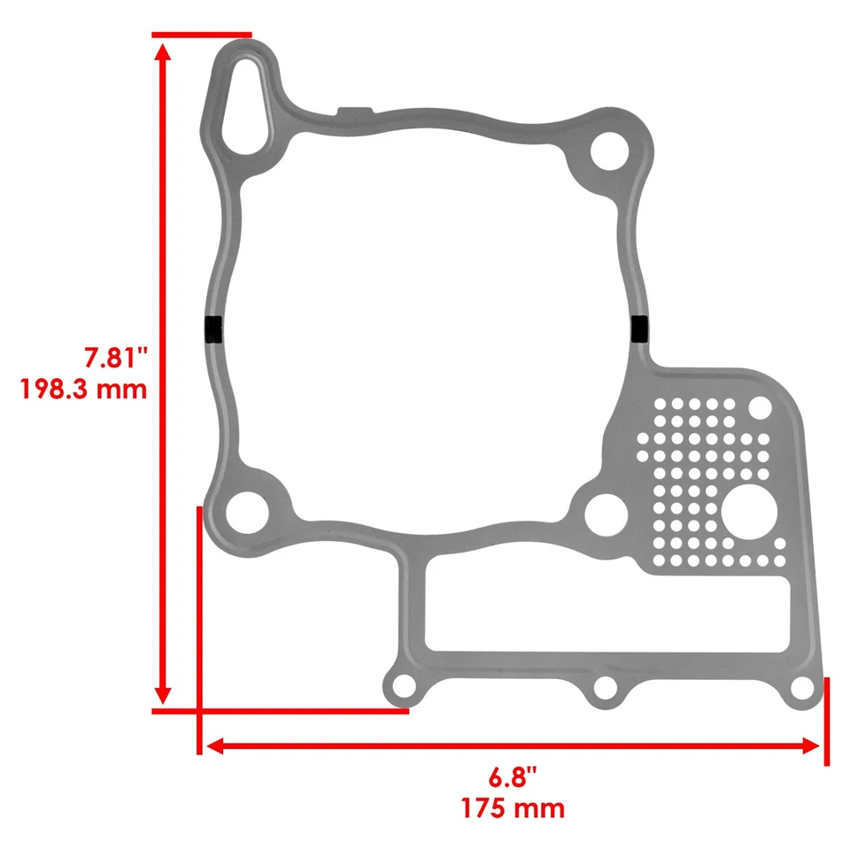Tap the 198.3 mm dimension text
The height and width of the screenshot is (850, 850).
click(84, 389)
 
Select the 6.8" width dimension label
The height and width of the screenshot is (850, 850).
click(513, 778)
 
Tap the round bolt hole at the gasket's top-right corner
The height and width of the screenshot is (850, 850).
click(609, 151)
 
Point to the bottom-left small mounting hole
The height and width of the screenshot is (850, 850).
click(404, 686)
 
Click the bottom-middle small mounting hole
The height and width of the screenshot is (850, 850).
click(605, 687)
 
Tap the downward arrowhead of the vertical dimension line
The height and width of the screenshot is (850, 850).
click(162, 694)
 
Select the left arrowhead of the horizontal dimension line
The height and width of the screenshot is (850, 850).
click(213, 746)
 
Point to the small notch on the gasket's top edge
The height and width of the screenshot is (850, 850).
click(353, 111)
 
